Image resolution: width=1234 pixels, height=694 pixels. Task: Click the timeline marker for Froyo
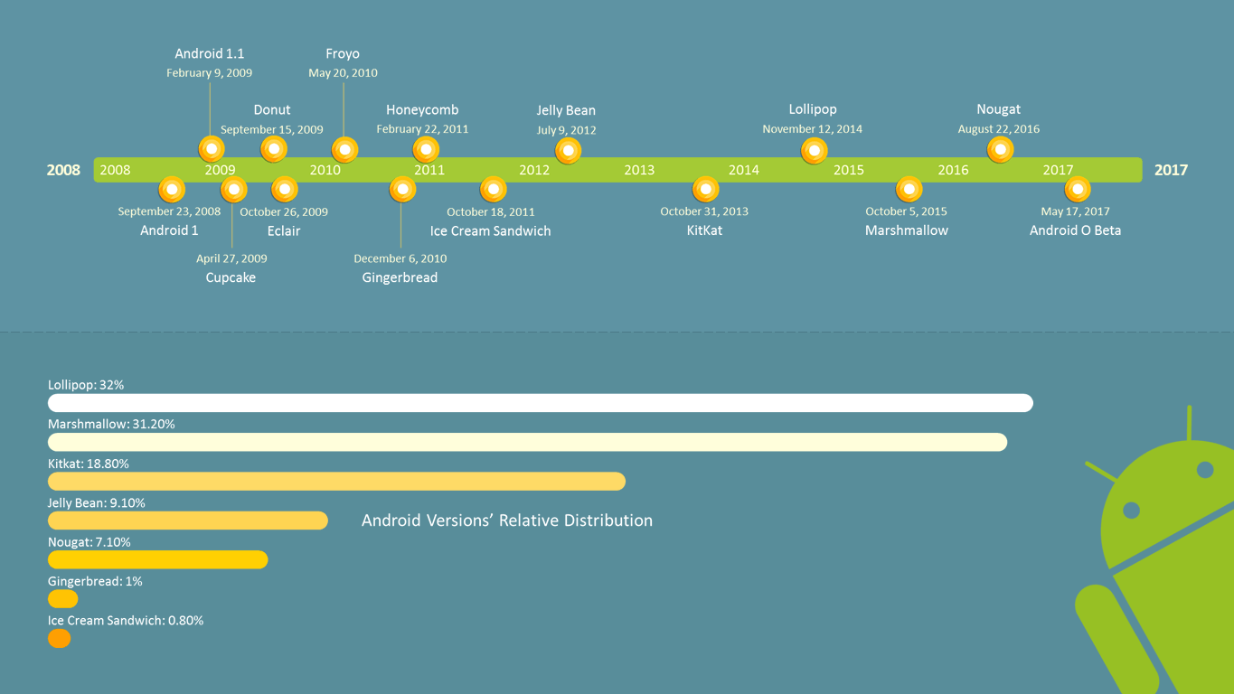pyautogui.click(x=344, y=150)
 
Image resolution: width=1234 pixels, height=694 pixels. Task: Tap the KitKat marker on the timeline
pyautogui.click(x=705, y=190)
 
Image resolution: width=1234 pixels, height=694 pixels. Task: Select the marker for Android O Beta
pyautogui.click(x=1077, y=190)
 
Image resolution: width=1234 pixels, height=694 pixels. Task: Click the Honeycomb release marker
pyautogui.click(x=426, y=150)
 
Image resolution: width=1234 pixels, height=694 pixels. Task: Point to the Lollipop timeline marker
pyautogui.click(x=814, y=150)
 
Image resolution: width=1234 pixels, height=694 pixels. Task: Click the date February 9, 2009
pyautogui.click(x=209, y=73)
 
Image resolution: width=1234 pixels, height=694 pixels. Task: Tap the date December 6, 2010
pyautogui.click(x=400, y=258)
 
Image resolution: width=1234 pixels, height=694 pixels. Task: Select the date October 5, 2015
pyautogui.click(x=906, y=211)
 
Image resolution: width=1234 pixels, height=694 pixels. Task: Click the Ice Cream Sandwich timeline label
pyautogui.click(x=490, y=231)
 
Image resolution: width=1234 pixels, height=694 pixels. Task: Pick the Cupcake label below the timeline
pyautogui.click(x=231, y=278)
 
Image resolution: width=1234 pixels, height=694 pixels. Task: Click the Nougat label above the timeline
pyautogui.click(x=998, y=110)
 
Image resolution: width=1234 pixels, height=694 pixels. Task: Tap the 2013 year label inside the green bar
pyautogui.click(x=639, y=170)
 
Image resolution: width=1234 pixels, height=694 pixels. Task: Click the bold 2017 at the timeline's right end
pyautogui.click(x=1171, y=170)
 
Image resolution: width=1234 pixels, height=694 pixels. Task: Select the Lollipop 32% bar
pyautogui.click(x=540, y=403)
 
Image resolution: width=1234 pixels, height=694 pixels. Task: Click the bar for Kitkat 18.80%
pyautogui.click(x=336, y=482)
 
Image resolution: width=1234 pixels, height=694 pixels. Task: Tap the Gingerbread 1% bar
pyautogui.click(x=63, y=599)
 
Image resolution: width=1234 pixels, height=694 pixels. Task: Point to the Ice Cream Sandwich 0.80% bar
pyautogui.click(x=60, y=639)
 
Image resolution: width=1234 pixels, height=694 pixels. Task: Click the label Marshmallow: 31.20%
pyautogui.click(x=111, y=424)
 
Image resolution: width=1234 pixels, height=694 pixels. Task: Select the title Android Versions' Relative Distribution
pyautogui.click(x=506, y=520)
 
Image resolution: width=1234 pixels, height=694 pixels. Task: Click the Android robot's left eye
pyautogui.click(x=1131, y=511)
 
